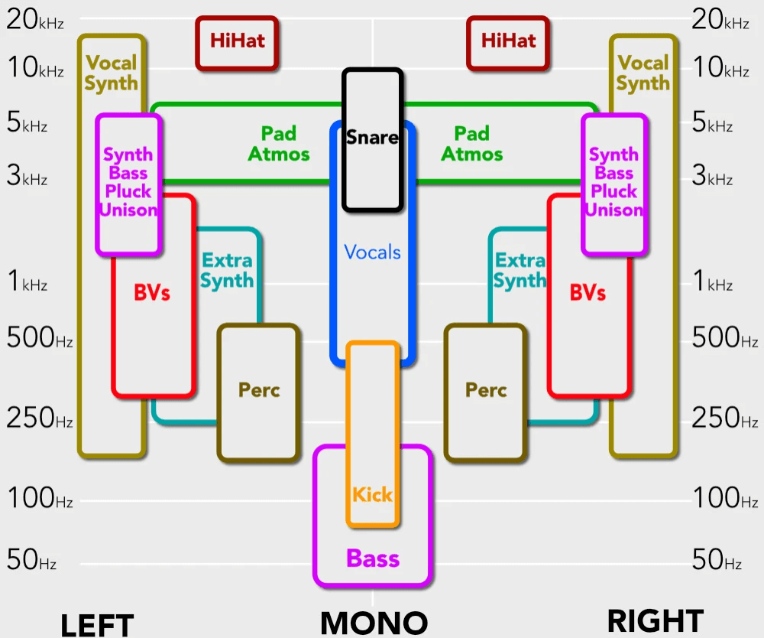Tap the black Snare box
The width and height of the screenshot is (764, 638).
tap(372, 138)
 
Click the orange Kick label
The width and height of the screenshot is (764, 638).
tap(372, 494)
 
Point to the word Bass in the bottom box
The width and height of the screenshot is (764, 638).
tap(373, 558)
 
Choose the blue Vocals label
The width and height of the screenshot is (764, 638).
tap(372, 252)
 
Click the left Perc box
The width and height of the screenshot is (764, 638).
tap(259, 392)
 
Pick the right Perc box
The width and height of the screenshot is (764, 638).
tap(486, 392)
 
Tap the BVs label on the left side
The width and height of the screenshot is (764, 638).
tap(152, 292)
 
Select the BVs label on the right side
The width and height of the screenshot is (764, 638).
tap(588, 292)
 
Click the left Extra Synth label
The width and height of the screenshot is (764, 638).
tap(227, 270)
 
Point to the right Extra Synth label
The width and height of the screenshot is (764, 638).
tap(520, 270)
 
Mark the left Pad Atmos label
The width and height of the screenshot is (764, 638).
tap(279, 144)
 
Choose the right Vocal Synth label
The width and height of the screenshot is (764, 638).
tap(643, 73)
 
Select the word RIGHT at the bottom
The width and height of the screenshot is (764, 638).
tap(655, 621)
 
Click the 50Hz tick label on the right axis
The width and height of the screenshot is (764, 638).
tap(717, 560)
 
